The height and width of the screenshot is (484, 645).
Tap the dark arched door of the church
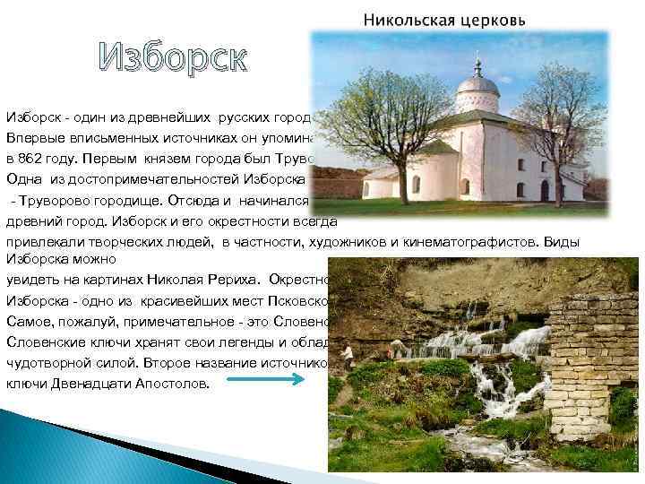[x=545, y=190]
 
